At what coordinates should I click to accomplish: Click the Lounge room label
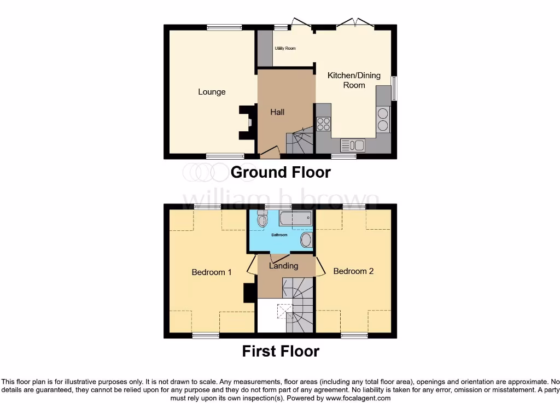pyautogui.click(x=212, y=92)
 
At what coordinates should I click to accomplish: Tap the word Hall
pyautogui.click(x=277, y=112)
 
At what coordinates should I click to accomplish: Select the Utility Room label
pyautogui.click(x=285, y=49)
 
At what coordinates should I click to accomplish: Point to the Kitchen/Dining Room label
pyautogui.click(x=354, y=80)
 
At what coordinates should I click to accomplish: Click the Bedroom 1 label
pyautogui.click(x=212, y=272)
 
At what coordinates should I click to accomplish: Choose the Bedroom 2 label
pyautogui.click(x=353, y=271)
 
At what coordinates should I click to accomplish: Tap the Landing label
pyautogui.click(x=284, y=266)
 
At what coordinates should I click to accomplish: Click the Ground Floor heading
pyautogui.click(x=281, y=172)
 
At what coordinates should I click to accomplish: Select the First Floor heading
pyautogui.click(x=281, y=351)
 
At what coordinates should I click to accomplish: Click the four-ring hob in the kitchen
pyautogui.click(x=323, y=124)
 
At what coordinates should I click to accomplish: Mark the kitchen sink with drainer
pyautogui.click(x=353, y=145)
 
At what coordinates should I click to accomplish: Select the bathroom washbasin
pyautogui.click(x=306, y=240)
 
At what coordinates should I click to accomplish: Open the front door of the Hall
pyautogui.click(x=269, y=153)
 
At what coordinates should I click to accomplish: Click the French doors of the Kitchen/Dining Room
pyautogui.click(x=355, y=24)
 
